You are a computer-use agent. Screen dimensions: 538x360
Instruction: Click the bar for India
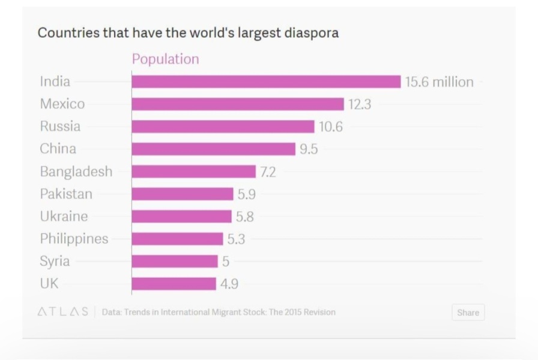click(266, 82)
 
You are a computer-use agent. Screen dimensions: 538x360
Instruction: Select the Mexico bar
click(238, 104)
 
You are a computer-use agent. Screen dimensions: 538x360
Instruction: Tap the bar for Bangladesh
click(194, 172)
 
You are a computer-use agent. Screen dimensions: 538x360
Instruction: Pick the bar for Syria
click(175, 261)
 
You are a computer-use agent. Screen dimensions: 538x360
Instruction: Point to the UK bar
click(174, 284)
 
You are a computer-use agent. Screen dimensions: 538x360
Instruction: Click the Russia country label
click(60, 127)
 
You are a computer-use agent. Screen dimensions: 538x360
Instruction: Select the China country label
click(58, 149)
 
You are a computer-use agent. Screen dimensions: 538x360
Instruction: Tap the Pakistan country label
click(66, 194)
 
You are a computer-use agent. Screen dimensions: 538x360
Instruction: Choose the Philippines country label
click(74, 239)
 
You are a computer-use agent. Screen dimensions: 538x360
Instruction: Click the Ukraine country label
click(64, 217)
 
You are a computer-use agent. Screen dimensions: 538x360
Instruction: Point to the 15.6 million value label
click(439, 82)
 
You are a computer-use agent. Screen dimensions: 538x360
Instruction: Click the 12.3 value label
click(360, 104)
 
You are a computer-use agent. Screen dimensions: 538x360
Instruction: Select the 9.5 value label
click(309, 149)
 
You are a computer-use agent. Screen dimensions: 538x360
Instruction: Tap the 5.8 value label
click(244, 217)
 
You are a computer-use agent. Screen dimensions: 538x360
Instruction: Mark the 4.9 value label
click(229, 284)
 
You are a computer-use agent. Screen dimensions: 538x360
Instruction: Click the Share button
click(468, 313)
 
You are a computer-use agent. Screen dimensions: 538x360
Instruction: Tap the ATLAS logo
click(63, 311)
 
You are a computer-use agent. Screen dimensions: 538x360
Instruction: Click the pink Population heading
click(165, 59)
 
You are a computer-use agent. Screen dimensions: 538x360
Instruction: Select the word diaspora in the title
click(311, 33)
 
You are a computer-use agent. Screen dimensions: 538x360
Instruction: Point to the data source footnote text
click(219, 312)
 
